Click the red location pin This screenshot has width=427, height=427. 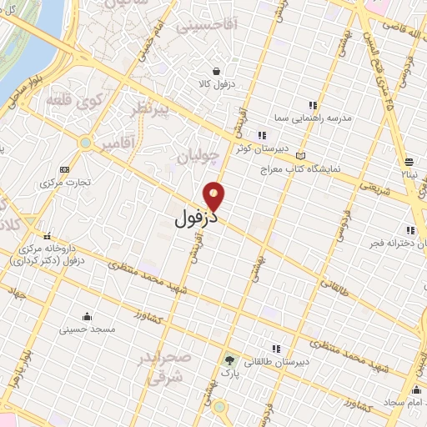[x=215, y=196]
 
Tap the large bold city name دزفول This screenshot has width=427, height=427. [x=196, y=219]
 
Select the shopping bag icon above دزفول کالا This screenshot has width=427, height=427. [x=217, y=72]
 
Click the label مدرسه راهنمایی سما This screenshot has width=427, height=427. [x=319, y=118]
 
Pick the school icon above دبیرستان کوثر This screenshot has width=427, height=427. [x=262, y=135]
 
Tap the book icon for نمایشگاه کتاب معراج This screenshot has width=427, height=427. [x=300, y=155]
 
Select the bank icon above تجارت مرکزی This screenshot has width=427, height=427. [x=66, y=169]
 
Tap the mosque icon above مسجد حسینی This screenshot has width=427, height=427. [x=87, y=316]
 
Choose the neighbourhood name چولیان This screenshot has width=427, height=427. [x=199, y=156]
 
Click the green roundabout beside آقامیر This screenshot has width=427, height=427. [x=85, y=143]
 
